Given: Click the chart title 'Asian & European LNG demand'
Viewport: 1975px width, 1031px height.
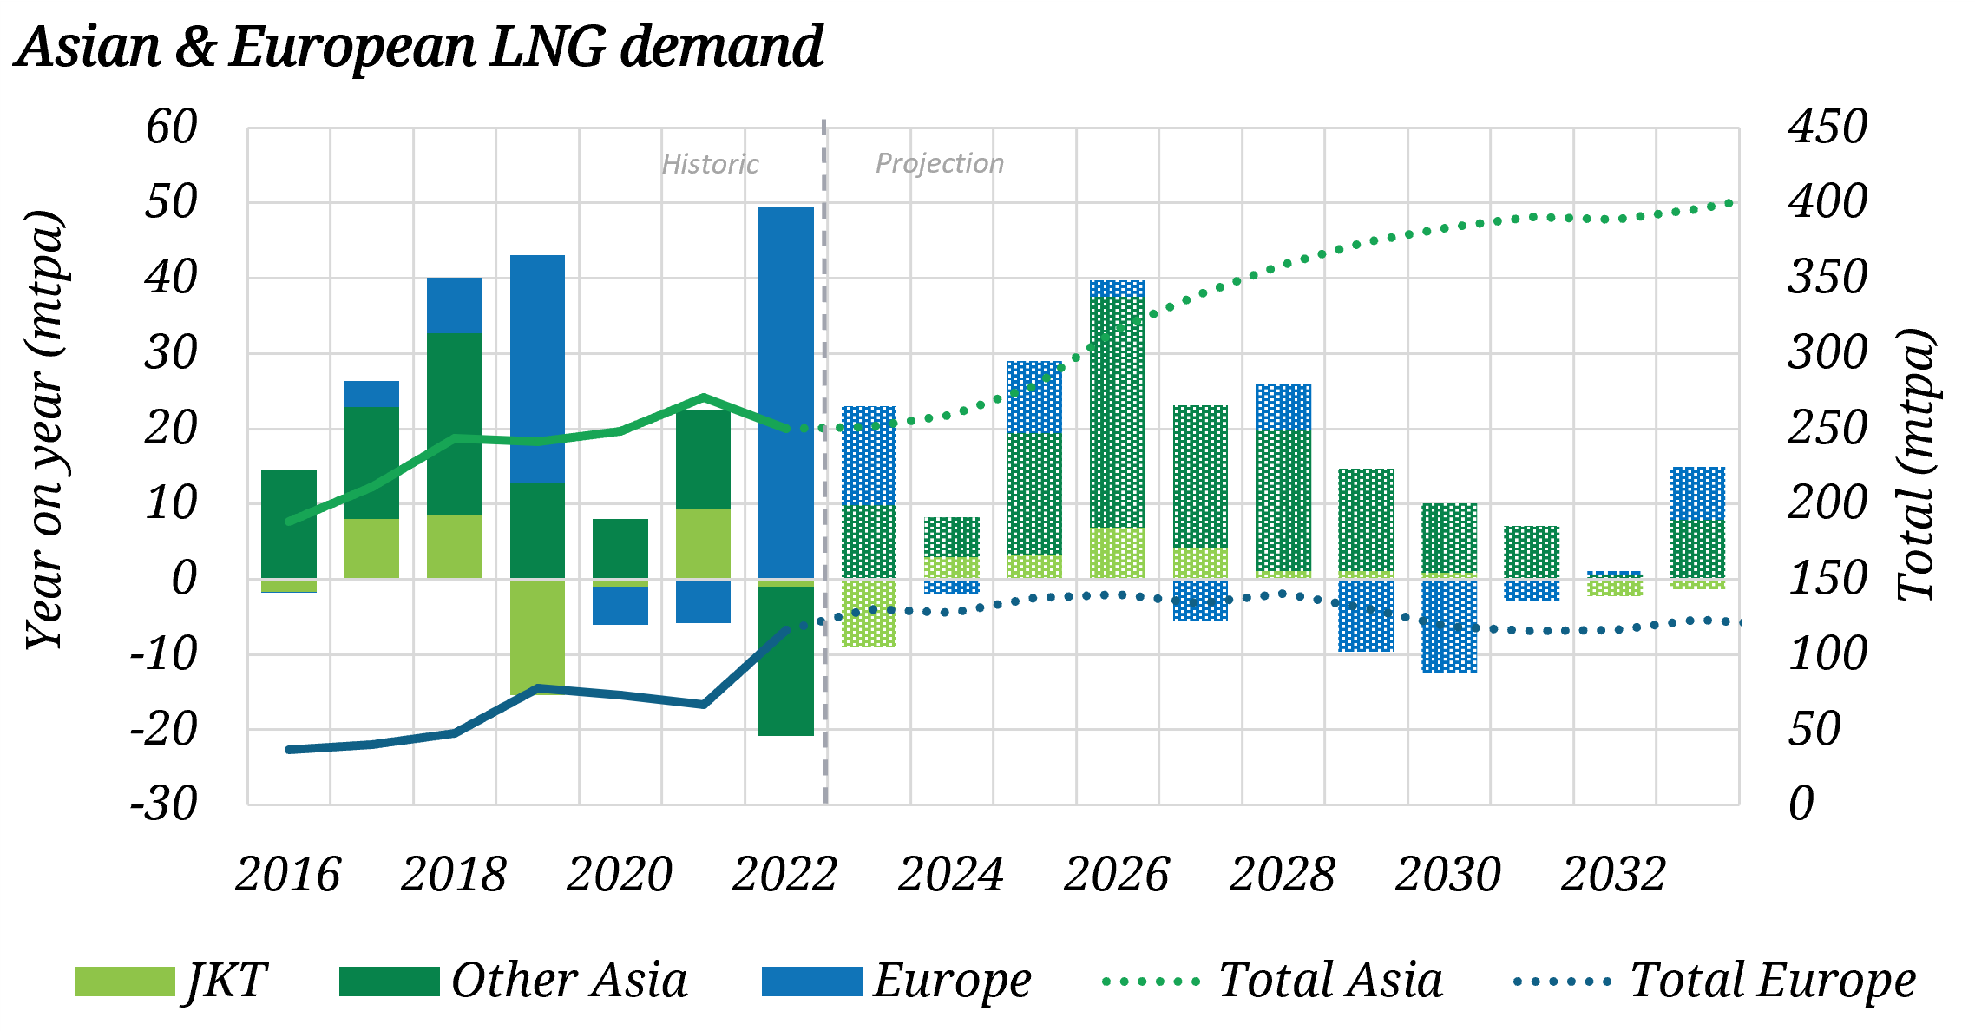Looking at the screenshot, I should click(420, 47).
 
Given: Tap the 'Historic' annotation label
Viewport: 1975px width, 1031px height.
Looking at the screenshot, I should click(710, 164).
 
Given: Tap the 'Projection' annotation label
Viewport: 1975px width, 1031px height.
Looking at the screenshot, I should click(939, 163).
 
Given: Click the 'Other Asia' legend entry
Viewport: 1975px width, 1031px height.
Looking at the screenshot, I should click(514, 982).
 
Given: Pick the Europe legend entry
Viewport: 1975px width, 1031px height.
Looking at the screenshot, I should click(896, 982).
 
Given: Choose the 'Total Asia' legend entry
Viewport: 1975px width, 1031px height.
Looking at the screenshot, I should click(1272, 982).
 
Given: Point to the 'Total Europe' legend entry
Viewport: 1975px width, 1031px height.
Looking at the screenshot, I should click(1715, 982).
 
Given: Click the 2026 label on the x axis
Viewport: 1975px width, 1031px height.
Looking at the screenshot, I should click(1116, 874).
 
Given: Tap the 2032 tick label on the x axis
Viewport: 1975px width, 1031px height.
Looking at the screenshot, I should click(1613, 874).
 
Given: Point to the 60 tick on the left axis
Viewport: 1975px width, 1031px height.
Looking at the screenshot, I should click(172, 128).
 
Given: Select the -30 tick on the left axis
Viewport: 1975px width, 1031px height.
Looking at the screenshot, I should click(164, 804).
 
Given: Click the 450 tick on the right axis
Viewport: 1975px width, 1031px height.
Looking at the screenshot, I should click(1827, 128).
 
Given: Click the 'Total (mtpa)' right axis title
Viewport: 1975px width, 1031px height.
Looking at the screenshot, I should click(1916, 465).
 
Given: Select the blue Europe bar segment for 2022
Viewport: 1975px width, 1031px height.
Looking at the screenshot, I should click(786, 391).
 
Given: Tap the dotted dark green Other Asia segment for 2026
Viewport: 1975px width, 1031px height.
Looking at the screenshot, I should click(1118, 412).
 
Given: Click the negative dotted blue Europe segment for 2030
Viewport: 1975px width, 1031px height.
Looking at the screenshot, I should click(1449, 625).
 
